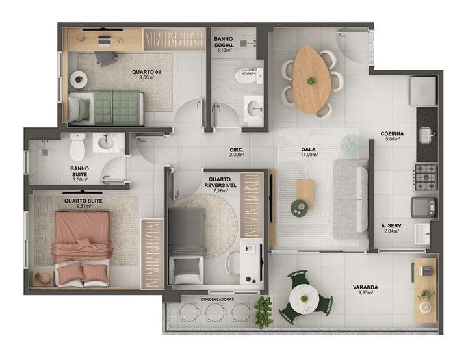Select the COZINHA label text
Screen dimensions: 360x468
(x=392, y=134)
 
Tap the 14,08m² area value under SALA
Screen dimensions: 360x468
(x=308, y=155)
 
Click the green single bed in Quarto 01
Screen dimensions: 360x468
(x=117, y=107)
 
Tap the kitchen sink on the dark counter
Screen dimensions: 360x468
(x=426, y=135)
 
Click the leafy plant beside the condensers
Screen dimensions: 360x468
(x=263, y=312)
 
